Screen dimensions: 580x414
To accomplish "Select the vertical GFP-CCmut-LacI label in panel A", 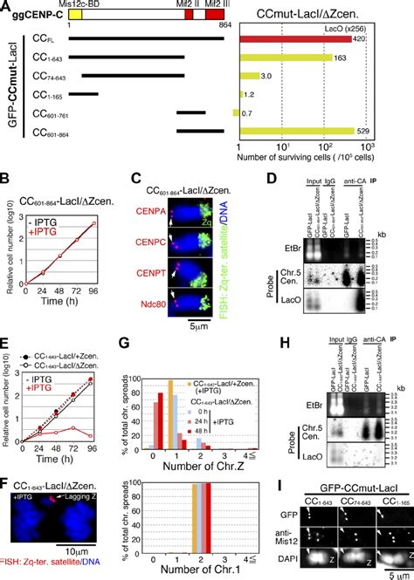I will [8, 86].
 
